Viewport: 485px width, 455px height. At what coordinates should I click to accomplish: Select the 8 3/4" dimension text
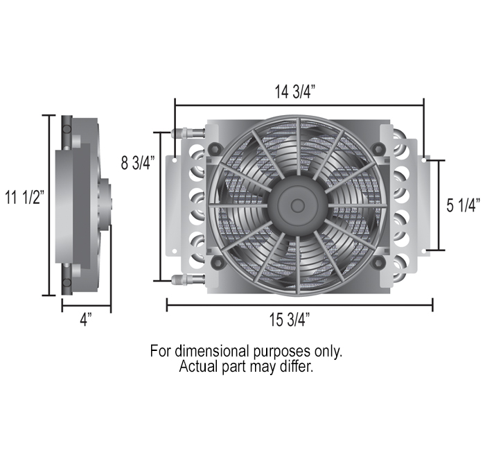(x=138, y=164)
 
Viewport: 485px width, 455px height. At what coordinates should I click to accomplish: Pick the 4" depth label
(x=86, y=320)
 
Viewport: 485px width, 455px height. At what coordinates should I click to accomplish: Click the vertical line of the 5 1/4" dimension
(x=439, y=205)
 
